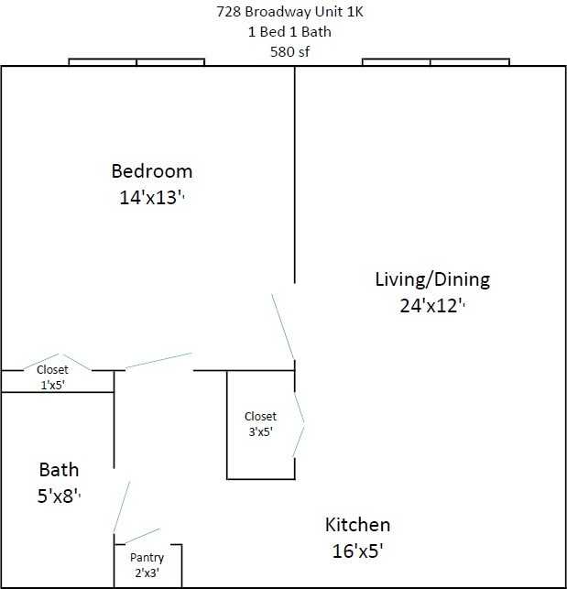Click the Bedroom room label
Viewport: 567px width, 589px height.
click(151, 170)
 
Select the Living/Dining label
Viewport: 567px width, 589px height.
click(432, 278)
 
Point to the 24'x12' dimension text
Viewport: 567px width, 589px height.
click(431, 306)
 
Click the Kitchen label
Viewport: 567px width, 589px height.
click(357, 525)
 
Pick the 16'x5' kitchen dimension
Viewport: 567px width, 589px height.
click(357, 551)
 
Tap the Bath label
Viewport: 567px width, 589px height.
click(59, 470)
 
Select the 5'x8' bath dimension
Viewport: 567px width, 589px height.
click(59, 496)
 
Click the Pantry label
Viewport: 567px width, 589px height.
click(147, 557)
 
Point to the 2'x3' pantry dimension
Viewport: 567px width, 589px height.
click(147, 573)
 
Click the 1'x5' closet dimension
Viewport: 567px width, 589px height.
click(52, 385)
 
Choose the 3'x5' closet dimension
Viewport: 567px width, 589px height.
click(260, 431)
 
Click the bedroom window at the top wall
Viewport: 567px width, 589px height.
click(136, 62)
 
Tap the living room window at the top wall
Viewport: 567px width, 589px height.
click(435, 62)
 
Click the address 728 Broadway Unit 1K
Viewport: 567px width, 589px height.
click(282, 12)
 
